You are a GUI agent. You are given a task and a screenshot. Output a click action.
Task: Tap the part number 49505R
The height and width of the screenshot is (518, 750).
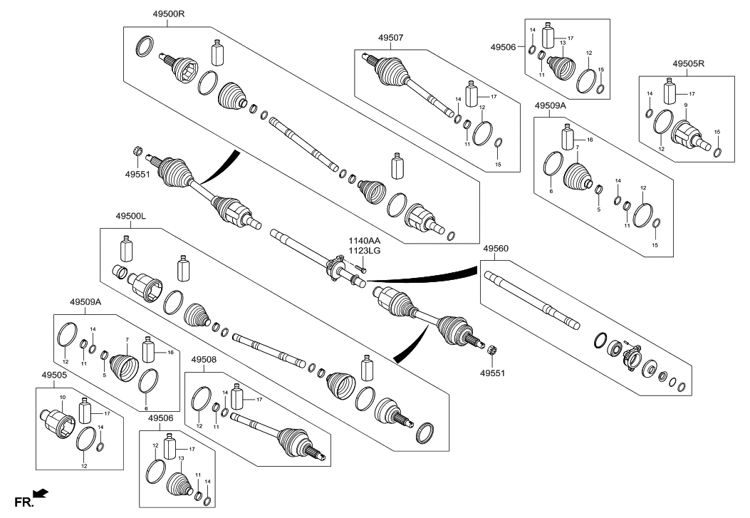(x=687, y=63)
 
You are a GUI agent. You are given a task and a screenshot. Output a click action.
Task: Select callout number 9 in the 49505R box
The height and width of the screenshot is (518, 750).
(x=685, y=105)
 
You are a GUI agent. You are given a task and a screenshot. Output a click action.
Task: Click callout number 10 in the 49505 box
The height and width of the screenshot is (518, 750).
(x=62, y=396)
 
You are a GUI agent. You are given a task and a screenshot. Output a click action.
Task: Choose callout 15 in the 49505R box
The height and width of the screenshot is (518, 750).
(x=717, y=133)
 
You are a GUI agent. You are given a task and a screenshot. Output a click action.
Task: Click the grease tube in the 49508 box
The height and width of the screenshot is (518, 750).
(x=236, y=395)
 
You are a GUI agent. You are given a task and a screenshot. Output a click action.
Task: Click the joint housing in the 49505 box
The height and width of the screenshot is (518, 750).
(x=58, y=422)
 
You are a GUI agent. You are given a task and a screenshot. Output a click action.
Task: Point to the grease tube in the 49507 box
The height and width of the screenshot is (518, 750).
(x=471, y=95)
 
